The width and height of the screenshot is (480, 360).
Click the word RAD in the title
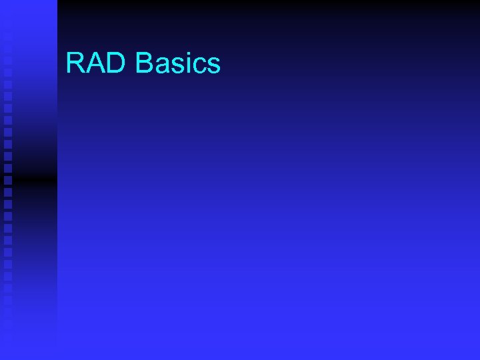coord(97,63)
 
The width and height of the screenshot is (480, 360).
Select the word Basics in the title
coord(177,63)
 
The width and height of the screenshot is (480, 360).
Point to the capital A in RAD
coord(97,63)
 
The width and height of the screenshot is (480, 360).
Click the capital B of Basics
coord(144,63)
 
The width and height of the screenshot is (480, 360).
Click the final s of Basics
coord(213,67)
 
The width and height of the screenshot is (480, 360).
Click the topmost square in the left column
coord(8,37)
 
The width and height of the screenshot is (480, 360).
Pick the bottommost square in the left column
coord(8,325)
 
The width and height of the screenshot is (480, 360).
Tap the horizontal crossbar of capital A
coord(97,67)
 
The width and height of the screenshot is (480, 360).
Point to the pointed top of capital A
coord(97,53)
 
